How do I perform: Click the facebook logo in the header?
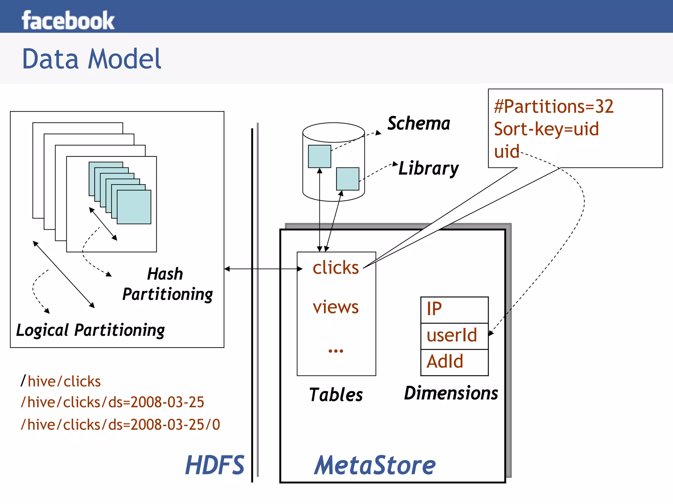(68, 20)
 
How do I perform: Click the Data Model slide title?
(91, 59)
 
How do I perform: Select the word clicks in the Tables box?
(336, 268)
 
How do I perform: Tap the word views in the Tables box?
(336, 308)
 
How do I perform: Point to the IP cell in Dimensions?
(454, 309)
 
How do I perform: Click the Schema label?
(419, 124)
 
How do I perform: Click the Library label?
(428, 169)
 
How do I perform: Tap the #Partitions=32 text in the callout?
(554, 107)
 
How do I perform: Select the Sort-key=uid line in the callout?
(546, 129)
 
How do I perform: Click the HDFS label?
(215, 465)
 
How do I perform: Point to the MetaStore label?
(375, 466)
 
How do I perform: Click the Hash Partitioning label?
(167, 285)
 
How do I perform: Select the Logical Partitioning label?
(90, 331)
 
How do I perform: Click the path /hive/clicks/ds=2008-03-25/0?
(120, 425)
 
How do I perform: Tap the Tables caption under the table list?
(336, 395)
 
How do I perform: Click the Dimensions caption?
(451, 394)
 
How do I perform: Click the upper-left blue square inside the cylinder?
(319, 156)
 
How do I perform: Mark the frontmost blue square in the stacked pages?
(134, 207)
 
